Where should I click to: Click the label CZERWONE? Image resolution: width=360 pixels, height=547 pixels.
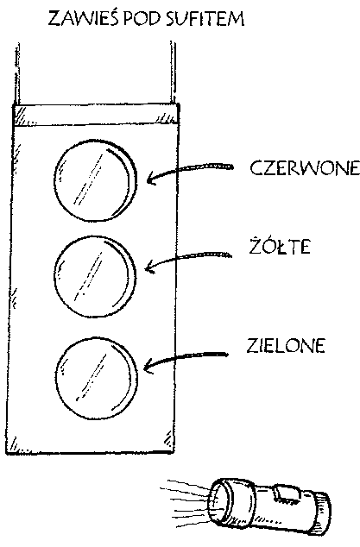click(305, 167)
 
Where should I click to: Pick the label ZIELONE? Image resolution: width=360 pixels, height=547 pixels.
click(286, 345)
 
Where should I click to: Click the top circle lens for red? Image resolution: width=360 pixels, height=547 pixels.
click(95, 180)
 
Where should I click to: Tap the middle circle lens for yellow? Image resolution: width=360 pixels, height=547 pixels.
click(95, 277)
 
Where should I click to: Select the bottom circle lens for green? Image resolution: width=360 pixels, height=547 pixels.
click(97, 378)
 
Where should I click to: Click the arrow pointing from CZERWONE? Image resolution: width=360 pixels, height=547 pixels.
click(185, 168)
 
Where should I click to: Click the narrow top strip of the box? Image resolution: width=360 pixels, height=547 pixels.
click(96, 114)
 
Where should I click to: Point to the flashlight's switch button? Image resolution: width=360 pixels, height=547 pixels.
click(286, 494)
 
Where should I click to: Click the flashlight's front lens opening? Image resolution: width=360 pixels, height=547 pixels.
click(218, 503)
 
